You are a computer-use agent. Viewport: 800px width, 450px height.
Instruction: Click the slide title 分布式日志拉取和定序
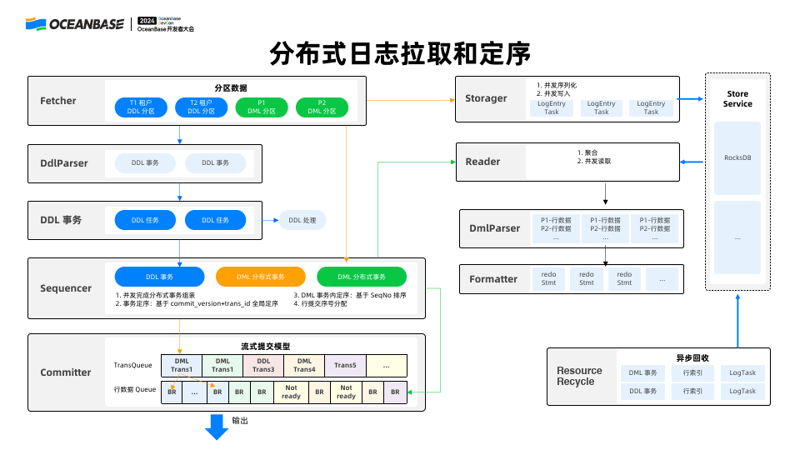point(400,54)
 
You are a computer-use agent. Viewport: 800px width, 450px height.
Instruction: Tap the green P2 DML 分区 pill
point(322,107)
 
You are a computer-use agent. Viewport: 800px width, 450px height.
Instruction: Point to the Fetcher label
point(58,101)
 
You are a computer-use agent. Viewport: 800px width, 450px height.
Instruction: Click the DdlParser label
point(64,163)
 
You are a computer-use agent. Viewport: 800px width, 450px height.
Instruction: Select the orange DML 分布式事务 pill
point(260,277)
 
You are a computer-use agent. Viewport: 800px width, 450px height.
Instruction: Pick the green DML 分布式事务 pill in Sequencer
point(362,277)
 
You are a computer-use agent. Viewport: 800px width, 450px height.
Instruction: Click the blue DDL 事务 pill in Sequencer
point(159,277)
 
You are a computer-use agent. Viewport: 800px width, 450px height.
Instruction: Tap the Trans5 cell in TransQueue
point(345,365)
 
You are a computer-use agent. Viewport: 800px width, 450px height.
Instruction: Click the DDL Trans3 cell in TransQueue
point(263,365)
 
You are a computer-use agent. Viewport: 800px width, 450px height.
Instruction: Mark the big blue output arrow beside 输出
point(217,426)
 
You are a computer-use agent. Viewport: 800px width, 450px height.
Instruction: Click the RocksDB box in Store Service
point(737,157)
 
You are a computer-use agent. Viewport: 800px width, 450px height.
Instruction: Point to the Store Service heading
point(737,99)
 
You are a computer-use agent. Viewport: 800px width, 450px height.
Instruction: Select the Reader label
point(482,162)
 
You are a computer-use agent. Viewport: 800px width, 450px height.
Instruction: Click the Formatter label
point(493,279)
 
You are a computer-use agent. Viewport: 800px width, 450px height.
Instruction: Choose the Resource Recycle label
point(579,376)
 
